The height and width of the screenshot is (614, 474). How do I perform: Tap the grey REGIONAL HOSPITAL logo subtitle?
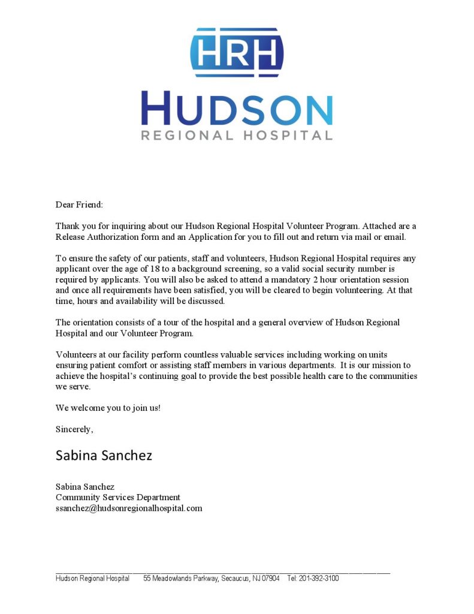(237, 135)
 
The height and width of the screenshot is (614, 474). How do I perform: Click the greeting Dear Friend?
(79, 204)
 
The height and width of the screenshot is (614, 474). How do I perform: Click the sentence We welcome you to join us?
(108, 408)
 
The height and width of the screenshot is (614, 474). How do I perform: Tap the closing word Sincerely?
(74, 429)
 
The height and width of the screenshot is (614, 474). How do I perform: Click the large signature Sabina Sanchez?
(104, 455)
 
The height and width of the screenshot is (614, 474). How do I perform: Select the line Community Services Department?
(118, 497)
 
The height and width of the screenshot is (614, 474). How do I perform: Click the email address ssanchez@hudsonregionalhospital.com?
(129, 508)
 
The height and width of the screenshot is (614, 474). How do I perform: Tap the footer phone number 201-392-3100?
(319, 578)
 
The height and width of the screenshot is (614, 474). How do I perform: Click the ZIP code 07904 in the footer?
(269, 578)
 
